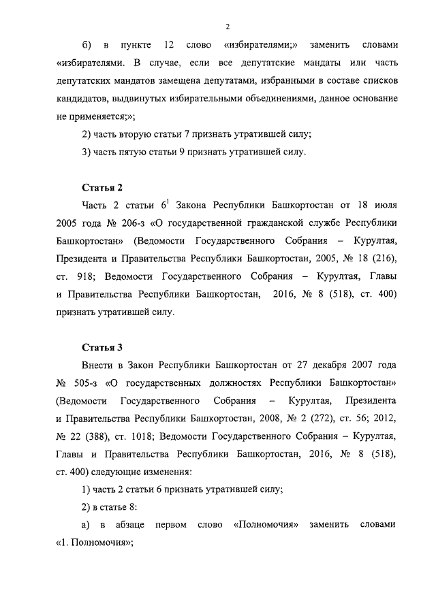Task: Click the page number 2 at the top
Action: (x=228, y=27)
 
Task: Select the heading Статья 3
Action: (x=102, y=346)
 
